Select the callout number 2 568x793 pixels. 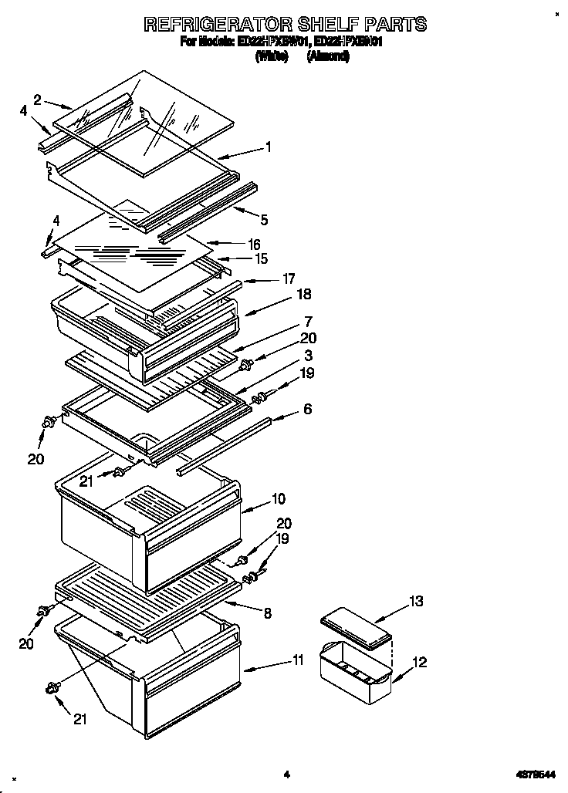(x=37, y=99)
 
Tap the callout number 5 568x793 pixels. (x=264, y=220)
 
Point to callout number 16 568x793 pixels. (x=255, y=244)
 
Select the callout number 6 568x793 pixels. (x=307, y=410)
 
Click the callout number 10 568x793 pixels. (x=279, y=499)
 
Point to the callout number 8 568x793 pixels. (x=267, y=614)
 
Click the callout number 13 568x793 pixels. (x=416, y=601)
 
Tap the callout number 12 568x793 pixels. (x=419, y=662)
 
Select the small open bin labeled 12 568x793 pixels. (x=355, y=676)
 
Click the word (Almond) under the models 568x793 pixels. (x=328, y=56)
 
